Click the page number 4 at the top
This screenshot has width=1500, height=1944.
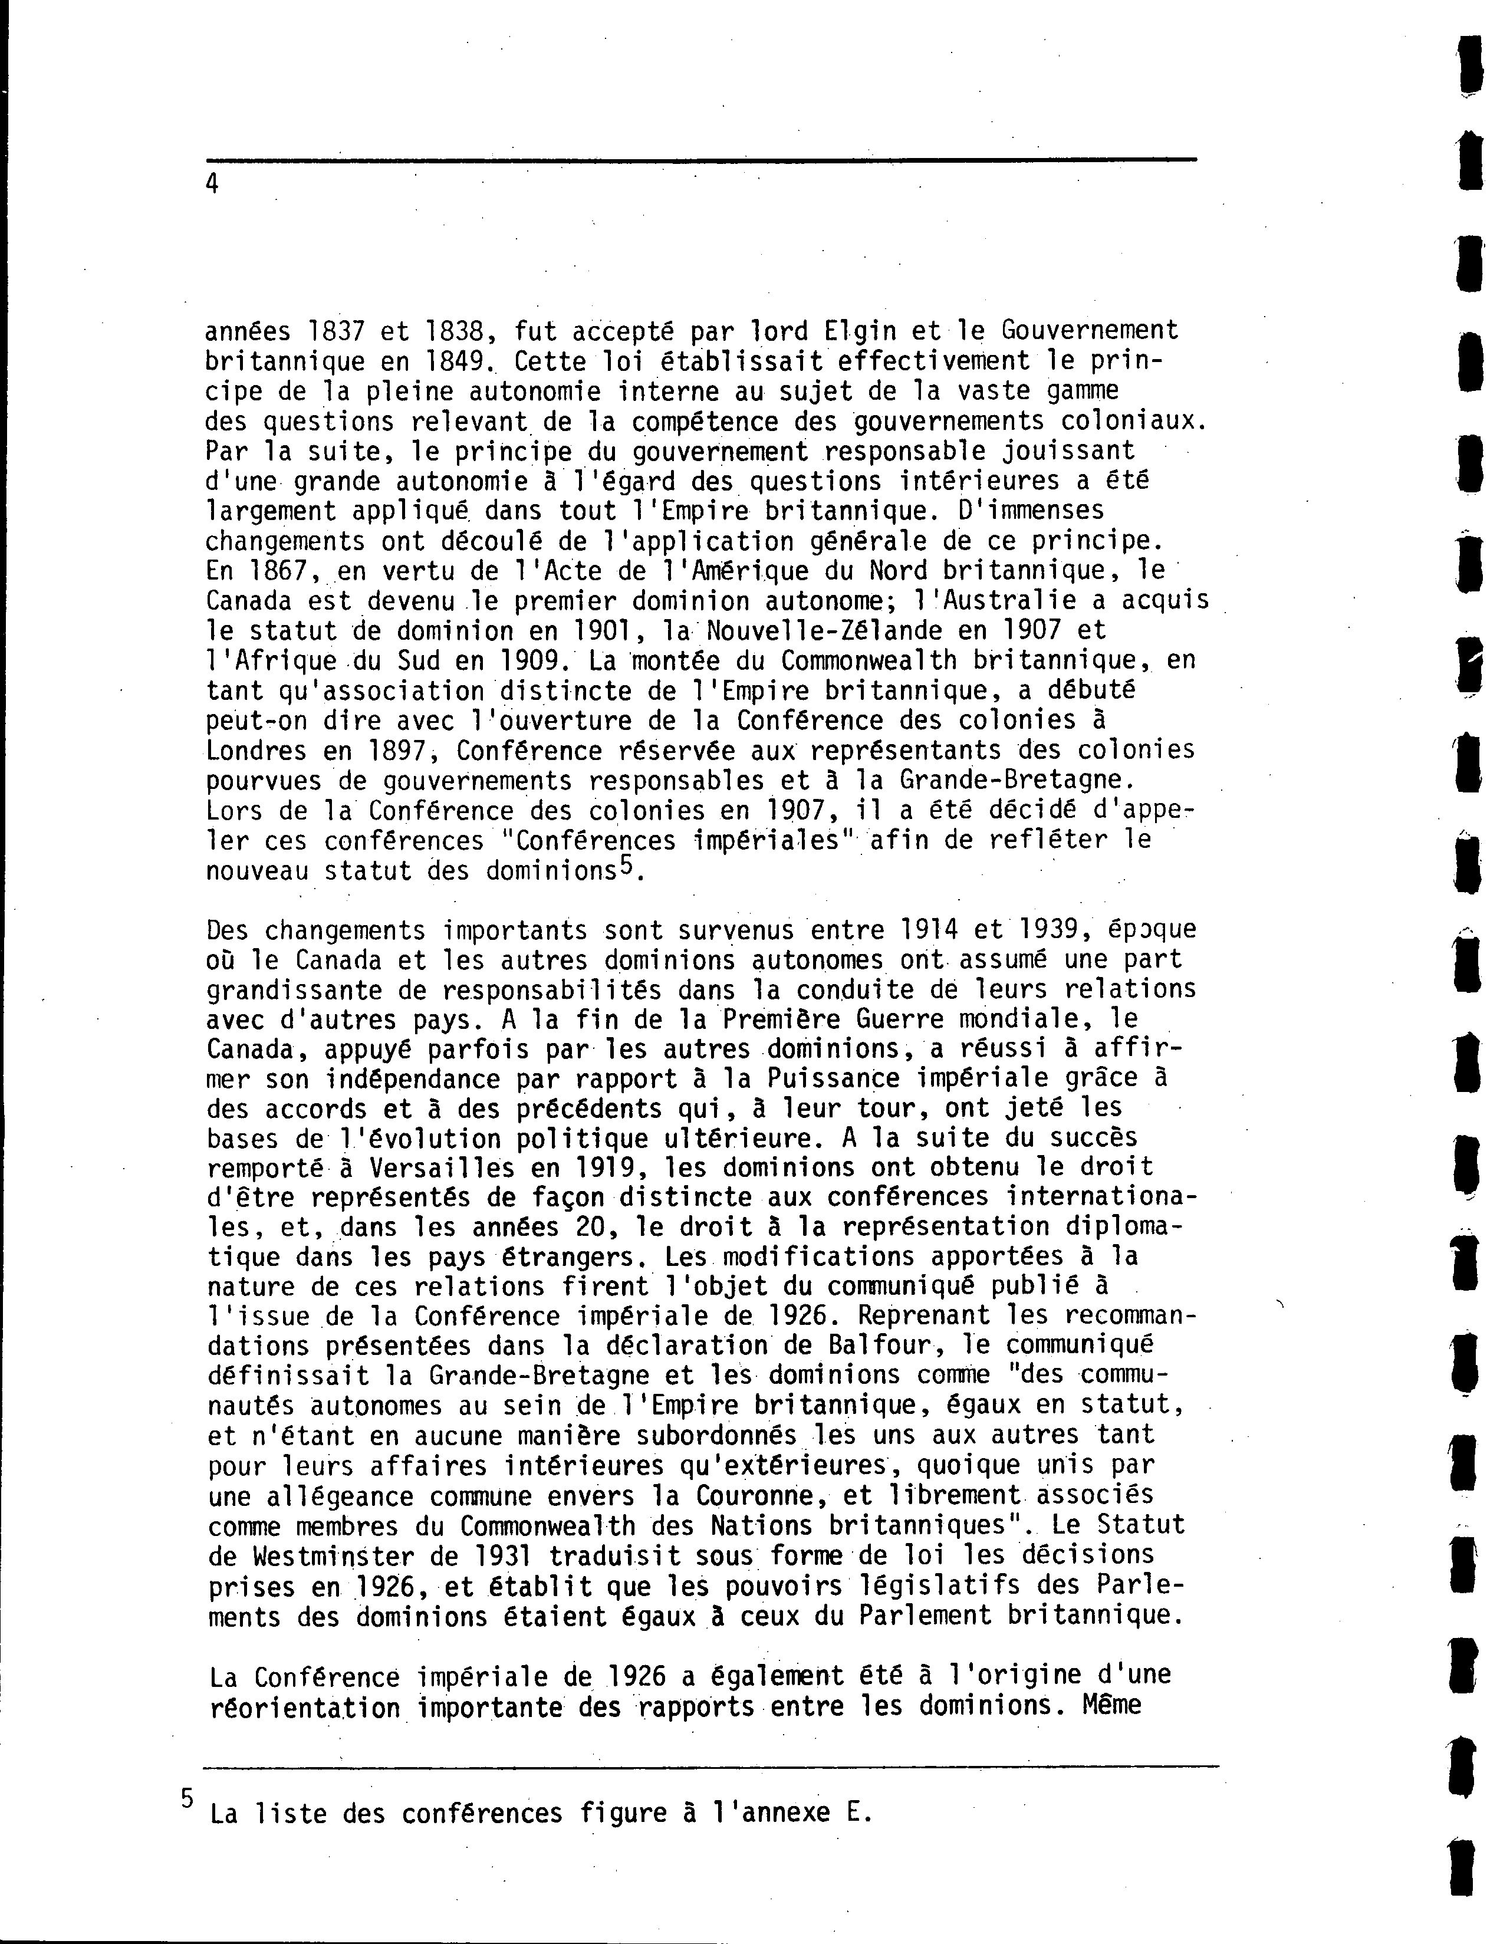click(x=212, y=184)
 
